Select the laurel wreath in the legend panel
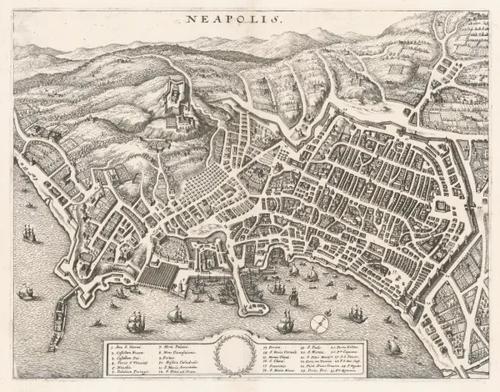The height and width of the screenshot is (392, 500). [233, 354]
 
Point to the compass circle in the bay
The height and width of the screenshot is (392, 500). [317, 323]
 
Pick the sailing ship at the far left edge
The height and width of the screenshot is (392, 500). [29, 234]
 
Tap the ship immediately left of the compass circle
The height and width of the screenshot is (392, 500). [286, 320]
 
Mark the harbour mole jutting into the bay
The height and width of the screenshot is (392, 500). [250, 288]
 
